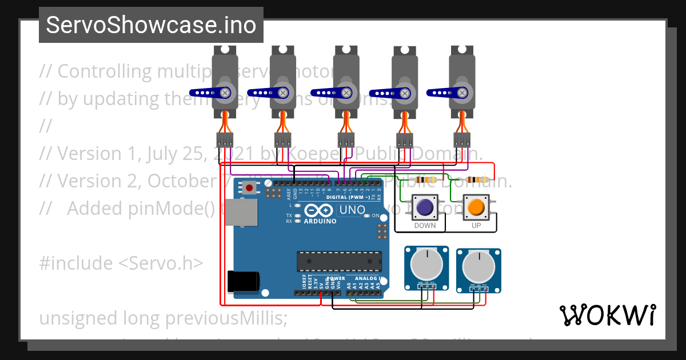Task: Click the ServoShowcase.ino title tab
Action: click(151, 25)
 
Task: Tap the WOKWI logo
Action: click(607, 315)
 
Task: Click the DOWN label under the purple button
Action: click(425, 226)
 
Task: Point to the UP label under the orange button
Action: click(476, 226)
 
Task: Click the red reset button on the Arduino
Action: click(249, 187)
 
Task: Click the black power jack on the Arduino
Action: click(242, 282)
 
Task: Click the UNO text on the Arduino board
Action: click(353, 210)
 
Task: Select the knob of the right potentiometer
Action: click(478, 265)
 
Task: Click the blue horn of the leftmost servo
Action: click(209, 92)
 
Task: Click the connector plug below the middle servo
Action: click(345, 140)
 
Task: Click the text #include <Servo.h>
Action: click(121, 263)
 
